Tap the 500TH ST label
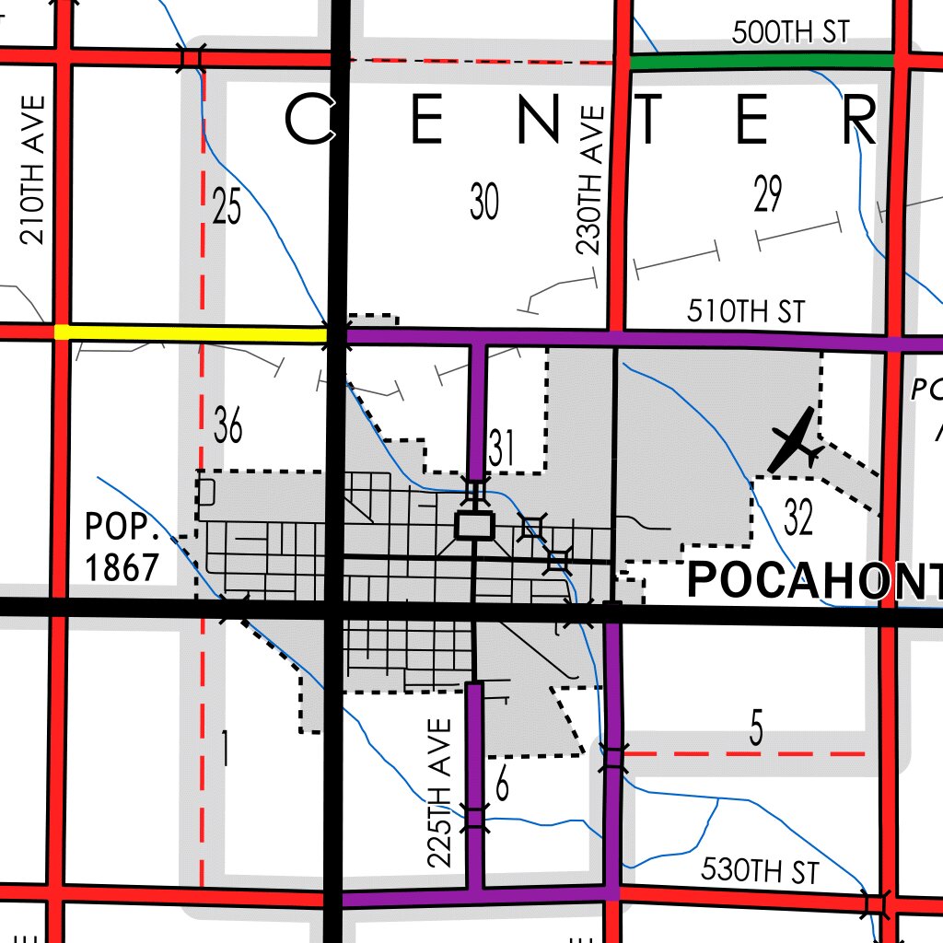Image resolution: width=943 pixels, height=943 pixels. point(789,33)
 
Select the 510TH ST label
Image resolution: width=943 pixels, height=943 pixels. point(746,312)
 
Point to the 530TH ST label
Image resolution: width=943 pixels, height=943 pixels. point(760,869)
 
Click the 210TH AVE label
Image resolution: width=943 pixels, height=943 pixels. point(33,169)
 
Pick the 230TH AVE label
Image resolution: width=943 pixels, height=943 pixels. point(589,180)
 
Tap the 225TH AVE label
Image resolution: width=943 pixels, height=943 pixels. point(441,794)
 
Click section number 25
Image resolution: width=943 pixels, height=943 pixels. point(227,206)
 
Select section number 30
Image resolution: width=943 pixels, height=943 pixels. point(484,202)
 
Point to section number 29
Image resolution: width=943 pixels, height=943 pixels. point(767,194)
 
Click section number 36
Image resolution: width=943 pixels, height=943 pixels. point(228,425)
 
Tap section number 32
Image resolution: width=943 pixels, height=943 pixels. point(798,518)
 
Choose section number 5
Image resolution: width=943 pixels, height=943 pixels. point(756,730)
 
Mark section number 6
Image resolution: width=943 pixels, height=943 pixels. point(502,786)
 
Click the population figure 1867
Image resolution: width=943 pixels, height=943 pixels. point(122,567)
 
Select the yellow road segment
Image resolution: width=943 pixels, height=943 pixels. point(193,333)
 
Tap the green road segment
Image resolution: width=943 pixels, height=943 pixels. point(761,62)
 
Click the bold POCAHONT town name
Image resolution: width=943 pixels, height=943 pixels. point(815,581)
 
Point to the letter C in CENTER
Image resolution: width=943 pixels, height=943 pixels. point(309,121)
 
